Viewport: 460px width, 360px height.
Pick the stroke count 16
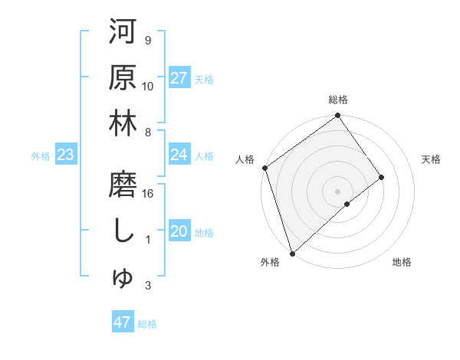coord(149,194)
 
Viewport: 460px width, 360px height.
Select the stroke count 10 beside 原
coord(148,86)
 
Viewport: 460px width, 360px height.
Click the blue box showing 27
coord(179,78)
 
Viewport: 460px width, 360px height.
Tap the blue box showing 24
coord(179,155)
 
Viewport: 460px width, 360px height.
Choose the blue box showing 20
coord(179,231)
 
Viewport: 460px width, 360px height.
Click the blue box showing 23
coord(65,155)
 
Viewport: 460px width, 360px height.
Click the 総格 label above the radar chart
coord(338,100)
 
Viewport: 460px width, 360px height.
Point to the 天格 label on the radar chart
coord(431,159)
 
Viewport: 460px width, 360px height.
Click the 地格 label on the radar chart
coord(402,262)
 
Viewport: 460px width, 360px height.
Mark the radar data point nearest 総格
coord(338,116)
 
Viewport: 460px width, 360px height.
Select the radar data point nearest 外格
coord(291,252)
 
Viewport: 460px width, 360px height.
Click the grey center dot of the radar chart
coord(337,190)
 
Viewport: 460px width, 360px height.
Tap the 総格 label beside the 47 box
coord(147,324)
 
